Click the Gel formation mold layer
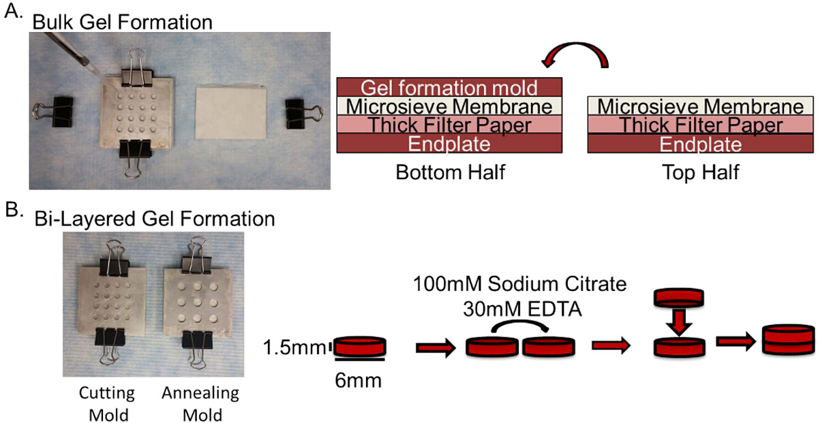click(x=450, y=87)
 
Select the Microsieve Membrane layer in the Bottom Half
click(x=450, y=106)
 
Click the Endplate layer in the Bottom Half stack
click(x=450, y=144)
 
